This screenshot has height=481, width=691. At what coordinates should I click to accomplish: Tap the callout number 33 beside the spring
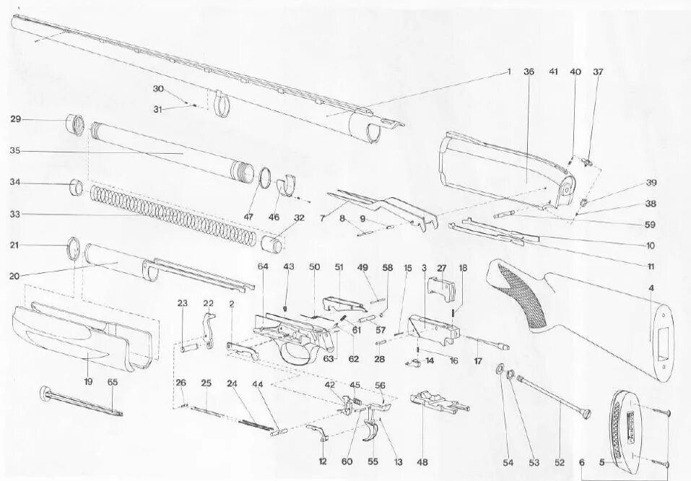pos(15,214)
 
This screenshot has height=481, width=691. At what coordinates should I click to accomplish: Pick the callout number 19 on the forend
pos(90,381)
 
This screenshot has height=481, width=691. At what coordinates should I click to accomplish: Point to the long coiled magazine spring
pos(173,212)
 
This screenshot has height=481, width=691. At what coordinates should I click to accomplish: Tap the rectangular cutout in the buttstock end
pos(660,337)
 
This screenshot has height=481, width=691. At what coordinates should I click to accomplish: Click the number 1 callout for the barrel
pos(508,71)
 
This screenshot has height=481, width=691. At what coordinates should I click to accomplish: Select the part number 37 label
pos(598,72)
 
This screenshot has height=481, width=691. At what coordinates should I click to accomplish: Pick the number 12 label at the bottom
pos(322,461)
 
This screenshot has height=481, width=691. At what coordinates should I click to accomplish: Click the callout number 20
pos(15,274)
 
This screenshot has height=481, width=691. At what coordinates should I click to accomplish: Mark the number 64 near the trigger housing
pos(263,267)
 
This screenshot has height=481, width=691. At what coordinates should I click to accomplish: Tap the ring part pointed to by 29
pos(76,124)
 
